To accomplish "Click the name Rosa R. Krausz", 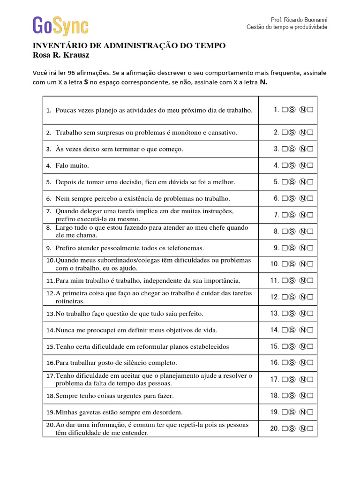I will [x=60, y=55].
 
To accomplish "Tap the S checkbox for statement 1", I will [x=285, y=110].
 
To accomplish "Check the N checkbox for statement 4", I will [x=310, y=165].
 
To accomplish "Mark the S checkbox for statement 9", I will [x=285, y=248].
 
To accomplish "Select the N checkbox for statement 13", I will [x=310, y=314].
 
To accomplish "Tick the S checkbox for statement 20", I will [x=285, y=429].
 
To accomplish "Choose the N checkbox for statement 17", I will [x=310, y=380].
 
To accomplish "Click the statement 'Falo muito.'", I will [x=72, y=165].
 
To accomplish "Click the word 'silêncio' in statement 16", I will [x=140, y=363].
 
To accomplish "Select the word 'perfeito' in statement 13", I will [x=178, y=314].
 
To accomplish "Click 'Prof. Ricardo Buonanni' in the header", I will [x=299, y=20].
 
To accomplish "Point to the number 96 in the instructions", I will [x=72, y=73].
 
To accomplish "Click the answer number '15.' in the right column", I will [x=275, y=347].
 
